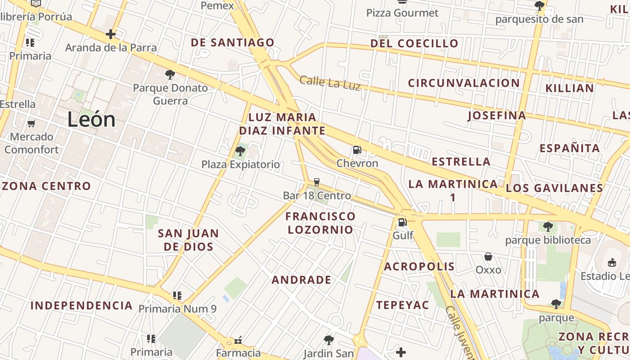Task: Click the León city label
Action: tap(91, 120)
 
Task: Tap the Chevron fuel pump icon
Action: tap(357, 149)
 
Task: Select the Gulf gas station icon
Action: tap(402, 222)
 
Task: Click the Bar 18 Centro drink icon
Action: tap(317, 182)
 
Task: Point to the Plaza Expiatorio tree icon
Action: tap(240, 151)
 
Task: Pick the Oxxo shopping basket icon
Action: tap(488, 256)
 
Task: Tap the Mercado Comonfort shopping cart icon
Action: tap(31, 123)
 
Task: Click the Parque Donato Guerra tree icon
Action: tap(170, 74)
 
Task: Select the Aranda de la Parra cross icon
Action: tap(111, 34)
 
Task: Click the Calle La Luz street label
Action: tap(330, 83)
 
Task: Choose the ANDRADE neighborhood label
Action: tap(301, 280)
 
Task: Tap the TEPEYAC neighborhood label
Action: tap(402, 305)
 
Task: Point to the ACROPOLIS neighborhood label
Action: tap(419, 266)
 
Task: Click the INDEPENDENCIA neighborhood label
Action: tap(81, 306)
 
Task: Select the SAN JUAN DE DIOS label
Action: tap(189, 240)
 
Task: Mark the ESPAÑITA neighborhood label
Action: tap(570, 148)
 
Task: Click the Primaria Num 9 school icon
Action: tap(177, 296)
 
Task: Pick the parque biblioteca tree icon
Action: tap(548, 226)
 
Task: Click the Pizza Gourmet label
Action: tap(402, 13)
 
